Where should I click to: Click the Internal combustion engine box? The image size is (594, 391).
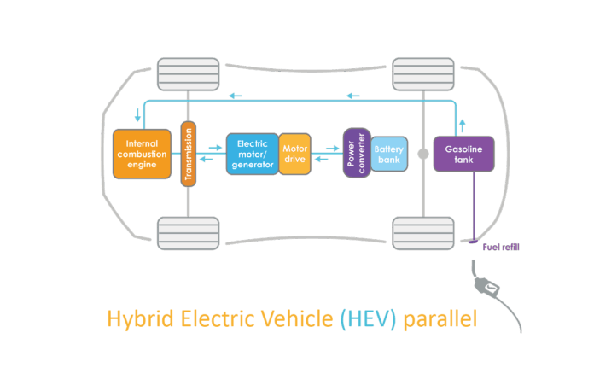click(x=142, y=153)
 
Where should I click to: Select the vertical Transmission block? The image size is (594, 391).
click(x=189, y=154)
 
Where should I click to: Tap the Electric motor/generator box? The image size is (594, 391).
click(x=253, y=154)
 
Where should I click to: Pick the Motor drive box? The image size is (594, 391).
click(x=294, y=154)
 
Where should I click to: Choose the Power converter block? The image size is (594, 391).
click(x=356, y=154)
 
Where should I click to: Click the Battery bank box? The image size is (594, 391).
click(x=389, y=154)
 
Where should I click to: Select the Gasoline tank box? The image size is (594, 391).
click(x=464, y=154)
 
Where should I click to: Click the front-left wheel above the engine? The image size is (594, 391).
click(x=188, y=74)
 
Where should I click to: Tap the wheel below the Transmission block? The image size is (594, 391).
click(x=188, y=232)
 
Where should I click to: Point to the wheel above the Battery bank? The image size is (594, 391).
click(x=422, y=74)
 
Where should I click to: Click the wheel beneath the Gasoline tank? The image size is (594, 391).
click(x=422, y=232)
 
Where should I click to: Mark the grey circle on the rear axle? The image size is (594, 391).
click(x=422, y=155)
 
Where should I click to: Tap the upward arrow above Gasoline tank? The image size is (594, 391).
click(x=462, y=123)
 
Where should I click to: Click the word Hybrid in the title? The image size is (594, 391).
click(x=133, y=319)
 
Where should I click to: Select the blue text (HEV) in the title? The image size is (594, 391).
click(x=369, y=319)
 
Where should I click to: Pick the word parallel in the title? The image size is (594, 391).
click(x=440, y=319)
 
